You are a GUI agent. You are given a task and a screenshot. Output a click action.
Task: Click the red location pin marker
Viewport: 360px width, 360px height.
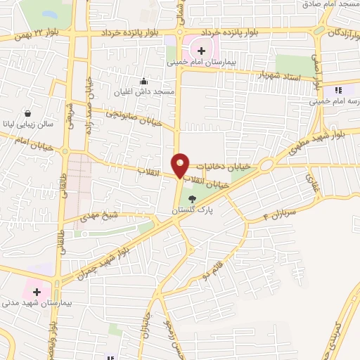(x=181, y=165)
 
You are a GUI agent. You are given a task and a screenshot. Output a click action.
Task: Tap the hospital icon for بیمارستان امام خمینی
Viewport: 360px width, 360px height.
(x=202, y=51)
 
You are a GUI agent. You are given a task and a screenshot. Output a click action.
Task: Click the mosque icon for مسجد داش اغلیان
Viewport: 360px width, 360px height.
(x=143, y=81)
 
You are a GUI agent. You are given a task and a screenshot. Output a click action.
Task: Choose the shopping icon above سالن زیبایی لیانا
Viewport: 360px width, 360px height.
(x=27, y=113)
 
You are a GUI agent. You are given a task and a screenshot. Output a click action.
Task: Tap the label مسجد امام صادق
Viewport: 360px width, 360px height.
(x=330, y=5)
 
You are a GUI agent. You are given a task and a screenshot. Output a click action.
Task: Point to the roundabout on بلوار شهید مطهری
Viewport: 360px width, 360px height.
(x=267, y=166)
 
